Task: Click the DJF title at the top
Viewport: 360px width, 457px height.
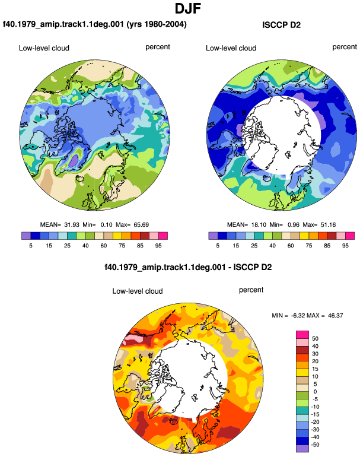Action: [x=188, y=8]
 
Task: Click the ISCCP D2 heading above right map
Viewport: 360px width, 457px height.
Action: [x=281, y=25]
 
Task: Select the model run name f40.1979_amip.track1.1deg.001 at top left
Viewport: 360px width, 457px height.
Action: [x=63, y=24]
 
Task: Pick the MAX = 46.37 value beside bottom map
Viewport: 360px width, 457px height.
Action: [x=325, y=315]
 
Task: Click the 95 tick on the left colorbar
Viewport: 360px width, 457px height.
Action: [x=158, y=246]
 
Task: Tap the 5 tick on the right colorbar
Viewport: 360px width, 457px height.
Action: [x=218, y=246]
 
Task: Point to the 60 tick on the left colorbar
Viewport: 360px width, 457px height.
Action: [x=103, y=246]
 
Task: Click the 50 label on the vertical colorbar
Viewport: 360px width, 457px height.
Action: [x=315, y=338]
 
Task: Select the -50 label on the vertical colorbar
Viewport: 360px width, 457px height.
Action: [x=314, y=445]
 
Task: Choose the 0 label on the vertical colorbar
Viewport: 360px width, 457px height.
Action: [x=315, y=392]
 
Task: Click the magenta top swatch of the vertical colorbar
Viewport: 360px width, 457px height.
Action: [x=302, y=335]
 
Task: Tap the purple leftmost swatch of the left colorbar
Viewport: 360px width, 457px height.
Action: [x=26, y=236]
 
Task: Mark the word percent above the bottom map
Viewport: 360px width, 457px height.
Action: [x=251, y=290]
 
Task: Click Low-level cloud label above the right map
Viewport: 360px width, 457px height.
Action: [x=231, y=48]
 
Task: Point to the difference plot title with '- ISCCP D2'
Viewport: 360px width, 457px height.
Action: [x=188, y=267]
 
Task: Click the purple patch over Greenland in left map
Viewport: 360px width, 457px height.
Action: [x=74, y=160]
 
